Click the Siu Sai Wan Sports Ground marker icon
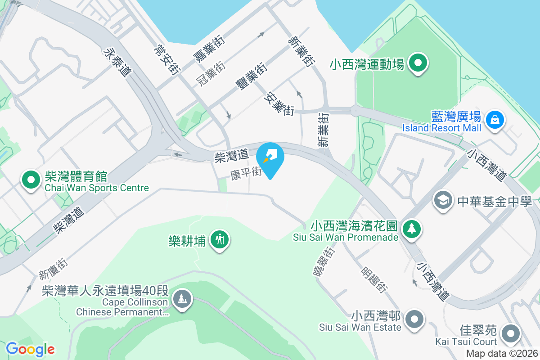click(418, 63)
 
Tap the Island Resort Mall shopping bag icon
click(495, 120)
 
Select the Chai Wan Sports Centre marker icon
click(31, 180)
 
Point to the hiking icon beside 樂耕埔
click(220, 239)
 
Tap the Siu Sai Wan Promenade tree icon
click(411, 229)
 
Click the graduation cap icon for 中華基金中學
click(443, 200)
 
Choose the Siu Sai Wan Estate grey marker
click(414, 319)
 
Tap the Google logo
click(30, 349)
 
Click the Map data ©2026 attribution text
click(502, 354)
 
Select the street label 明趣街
click(373, 279)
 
